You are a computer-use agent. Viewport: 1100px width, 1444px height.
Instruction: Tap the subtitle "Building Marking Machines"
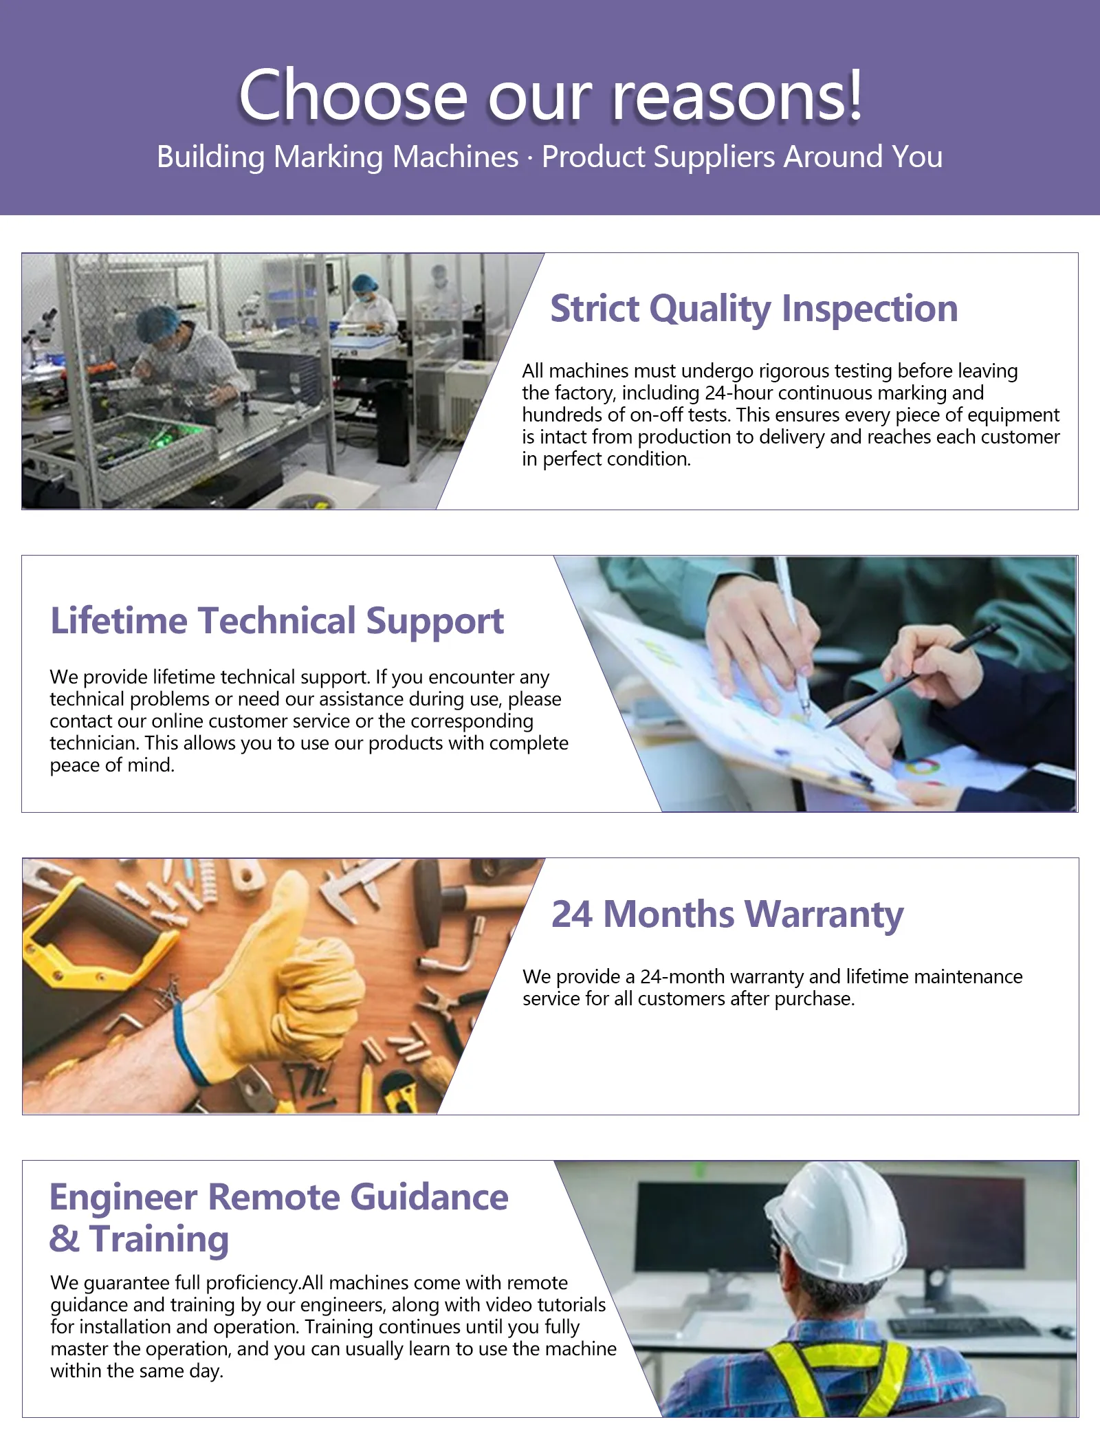[338, 157]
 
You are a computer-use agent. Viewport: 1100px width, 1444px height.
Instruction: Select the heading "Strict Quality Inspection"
[754, 309]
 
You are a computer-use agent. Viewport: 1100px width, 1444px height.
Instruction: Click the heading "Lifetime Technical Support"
[277, 622]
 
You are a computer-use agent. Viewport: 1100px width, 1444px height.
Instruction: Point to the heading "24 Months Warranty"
[727, 915]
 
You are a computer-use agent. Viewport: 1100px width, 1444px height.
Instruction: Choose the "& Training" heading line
[139, 1239]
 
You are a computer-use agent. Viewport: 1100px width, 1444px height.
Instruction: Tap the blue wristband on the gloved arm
[184, 1049]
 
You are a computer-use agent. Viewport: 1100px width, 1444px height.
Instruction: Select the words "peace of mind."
[112, 765]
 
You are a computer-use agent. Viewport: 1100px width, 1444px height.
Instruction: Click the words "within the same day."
[137, 1371]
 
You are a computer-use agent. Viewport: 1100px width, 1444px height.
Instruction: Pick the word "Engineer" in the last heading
[124, 1198]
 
